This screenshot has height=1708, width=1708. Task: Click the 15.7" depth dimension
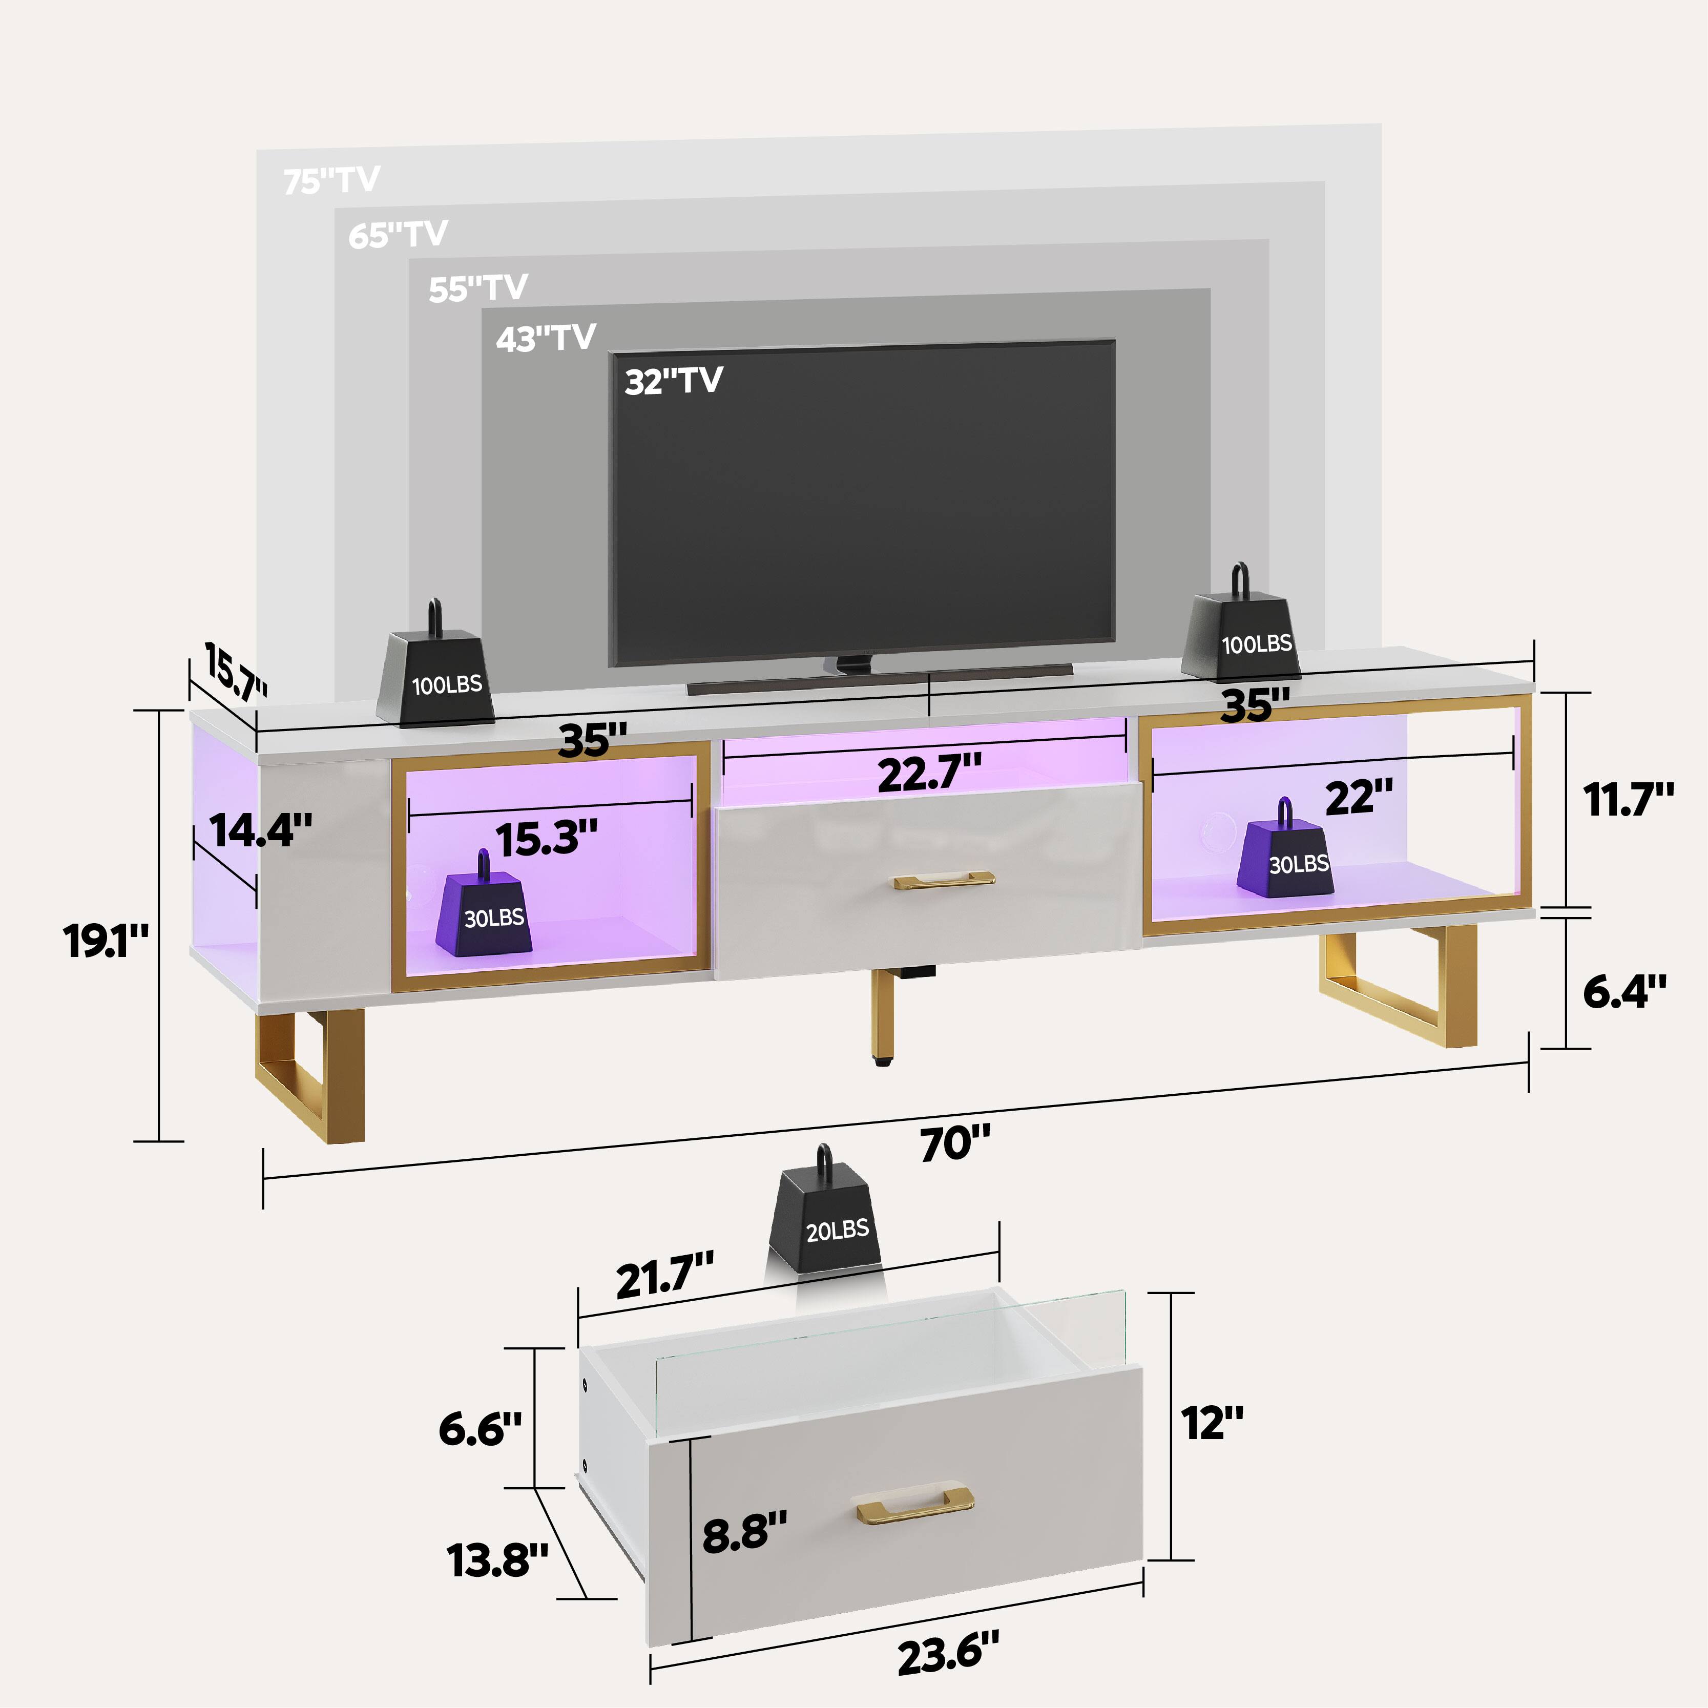(x=234, y=672)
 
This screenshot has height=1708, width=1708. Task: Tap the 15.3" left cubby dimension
(x=546, y=838)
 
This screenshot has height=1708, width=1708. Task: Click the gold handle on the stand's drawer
(x=943, y=881)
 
